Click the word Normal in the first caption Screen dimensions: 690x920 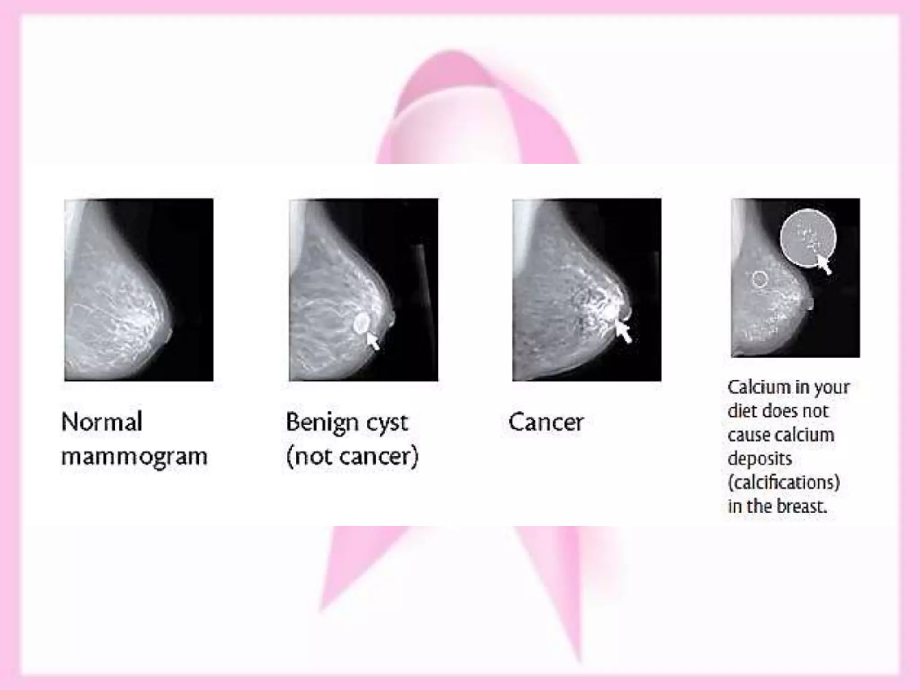pyautogui.click(x=102, y=422)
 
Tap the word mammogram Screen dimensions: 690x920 pyautogui.click(x=134, y=457)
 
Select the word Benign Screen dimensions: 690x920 pyautogui.click(x=322, y=422)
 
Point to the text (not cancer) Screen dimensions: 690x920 pyautogui.click(x=352, y=457)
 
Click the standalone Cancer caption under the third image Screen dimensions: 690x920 pyautogui.click(x=546, y=422)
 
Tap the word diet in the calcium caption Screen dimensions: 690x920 pyautogui.click(x=741, y=411)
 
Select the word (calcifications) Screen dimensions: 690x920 pyautogui.click(x=783, y=482)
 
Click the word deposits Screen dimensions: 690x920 pyautogui.click(x=760, y=459)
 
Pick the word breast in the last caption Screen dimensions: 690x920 pyautogui.click(x=801, y=506)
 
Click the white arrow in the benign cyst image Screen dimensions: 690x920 pyautogui.click(x=373, y=341)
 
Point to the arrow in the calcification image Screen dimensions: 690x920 pyautogui.click(x=824, y=264)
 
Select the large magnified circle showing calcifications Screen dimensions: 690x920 pyautogui.click(x=808, y=238)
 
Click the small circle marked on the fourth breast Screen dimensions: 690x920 pyautogui.click(x=760, y=279)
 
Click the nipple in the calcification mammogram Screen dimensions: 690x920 pyautogui.click(x=811, y=304)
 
